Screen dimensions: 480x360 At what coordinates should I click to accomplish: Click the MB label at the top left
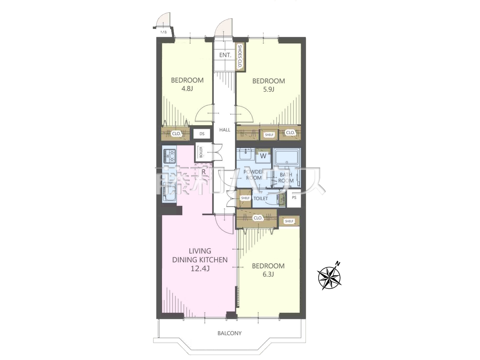(163, 32)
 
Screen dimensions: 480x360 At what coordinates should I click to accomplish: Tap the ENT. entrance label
(225, 55)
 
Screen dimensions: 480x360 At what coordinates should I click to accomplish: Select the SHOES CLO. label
(240, 56)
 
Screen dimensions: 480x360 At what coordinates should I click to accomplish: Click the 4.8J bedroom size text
(187, 89)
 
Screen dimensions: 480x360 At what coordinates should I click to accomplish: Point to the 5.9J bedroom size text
(268, 89)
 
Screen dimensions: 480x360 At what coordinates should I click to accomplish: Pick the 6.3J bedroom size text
(268, 274)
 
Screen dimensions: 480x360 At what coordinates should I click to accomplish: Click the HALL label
(225, 130)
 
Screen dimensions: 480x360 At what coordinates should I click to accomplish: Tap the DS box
(202, 134)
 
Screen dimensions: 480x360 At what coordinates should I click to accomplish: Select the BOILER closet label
(201, 152)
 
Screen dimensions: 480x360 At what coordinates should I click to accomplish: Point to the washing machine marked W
(263, 156)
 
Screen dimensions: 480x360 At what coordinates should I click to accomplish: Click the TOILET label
(261, 198)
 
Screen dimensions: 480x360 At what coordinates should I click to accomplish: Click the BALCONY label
(229, 333)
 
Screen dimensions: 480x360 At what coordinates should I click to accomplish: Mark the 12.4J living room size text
(200, 268)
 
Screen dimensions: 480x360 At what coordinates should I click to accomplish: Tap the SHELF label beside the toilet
(245, 198)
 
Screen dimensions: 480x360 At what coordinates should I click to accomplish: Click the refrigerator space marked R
(203, 172)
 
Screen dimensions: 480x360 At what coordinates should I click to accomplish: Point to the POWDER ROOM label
(254, 175)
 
